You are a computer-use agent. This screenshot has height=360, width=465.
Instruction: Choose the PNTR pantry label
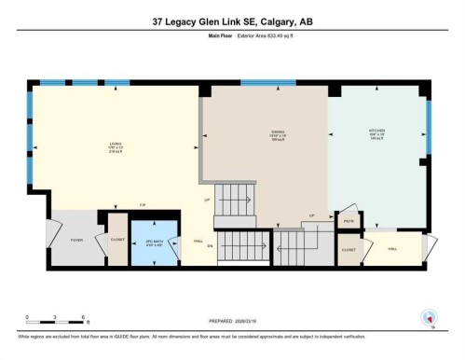347,221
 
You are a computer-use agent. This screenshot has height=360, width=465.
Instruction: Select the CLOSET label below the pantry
348,250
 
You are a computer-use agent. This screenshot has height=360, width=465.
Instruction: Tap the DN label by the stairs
211,246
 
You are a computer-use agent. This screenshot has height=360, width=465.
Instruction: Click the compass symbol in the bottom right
430,317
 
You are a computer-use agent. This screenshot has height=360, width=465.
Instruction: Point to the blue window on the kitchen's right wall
429,126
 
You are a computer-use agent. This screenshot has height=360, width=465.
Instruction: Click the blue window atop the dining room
267,82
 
